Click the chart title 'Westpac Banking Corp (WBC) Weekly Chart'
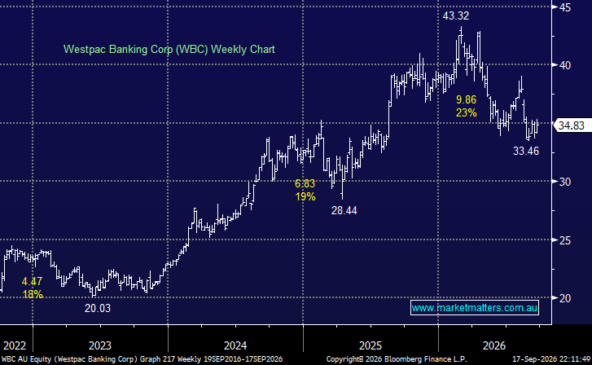(x=169, y=50)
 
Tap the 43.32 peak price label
(x=456, y=15)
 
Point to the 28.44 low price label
(x=344, y=210)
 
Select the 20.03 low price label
(x=98, y=308)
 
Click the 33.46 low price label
(x=526, y=152)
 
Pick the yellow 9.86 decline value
(x=467, y=99)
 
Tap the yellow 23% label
(x=467, y=112)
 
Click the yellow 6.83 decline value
(x=305, y=183)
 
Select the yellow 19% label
(x=305, y=196)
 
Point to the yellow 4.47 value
(x=32, y=282)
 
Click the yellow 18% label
(x=33, y=294)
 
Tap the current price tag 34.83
(x=571, y=125)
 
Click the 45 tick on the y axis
(x=565, y=7)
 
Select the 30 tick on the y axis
(x=565, y=182)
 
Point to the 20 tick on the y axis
(x=565, y=298)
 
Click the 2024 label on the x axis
(x=235, y=345)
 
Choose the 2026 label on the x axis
(x=494, y=345)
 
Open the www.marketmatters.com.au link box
(x=475, y=308)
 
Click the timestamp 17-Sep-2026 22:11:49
(x=550, y=359)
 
